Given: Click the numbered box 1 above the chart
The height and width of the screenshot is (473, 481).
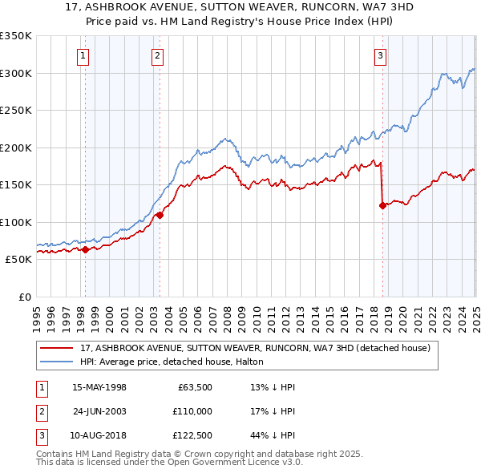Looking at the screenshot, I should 84,55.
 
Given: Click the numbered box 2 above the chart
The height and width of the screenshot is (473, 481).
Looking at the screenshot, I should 157,55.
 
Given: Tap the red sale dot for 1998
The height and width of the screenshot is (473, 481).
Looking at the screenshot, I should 85,249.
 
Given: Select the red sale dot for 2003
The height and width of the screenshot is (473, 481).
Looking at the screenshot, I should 160,215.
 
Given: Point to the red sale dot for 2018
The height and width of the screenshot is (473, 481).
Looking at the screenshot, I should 382,205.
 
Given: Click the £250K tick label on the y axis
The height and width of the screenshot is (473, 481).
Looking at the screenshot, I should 17,111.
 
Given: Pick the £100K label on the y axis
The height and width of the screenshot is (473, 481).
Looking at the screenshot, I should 17,222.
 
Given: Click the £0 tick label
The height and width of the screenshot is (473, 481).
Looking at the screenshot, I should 24,297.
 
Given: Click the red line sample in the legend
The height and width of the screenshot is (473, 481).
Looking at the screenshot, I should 58,348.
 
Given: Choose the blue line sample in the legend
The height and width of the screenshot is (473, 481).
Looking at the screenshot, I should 58,362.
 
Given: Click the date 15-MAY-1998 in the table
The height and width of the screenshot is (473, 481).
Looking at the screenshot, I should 99,387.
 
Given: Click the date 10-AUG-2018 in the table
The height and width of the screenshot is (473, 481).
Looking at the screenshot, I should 99,435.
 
